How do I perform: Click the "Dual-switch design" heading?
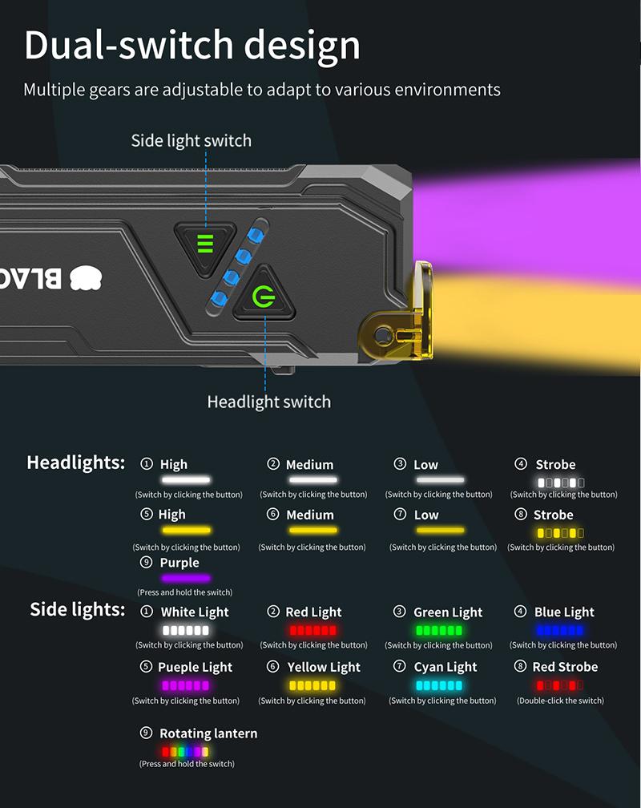pyautogui.click(x=192, y=46)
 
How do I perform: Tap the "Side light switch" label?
pyautogui.click(x=191, y=141)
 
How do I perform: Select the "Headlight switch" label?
pyautogui.click(x=269, y=402)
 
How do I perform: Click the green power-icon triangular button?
pyautogui.click(x=264, y=295)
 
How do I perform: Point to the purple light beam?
pyautogui.click(x=526, y=216)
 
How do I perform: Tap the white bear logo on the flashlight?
pyautogui.click(x=86, y=277)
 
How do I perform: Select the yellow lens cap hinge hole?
pyautogui.click(x=382, y=335)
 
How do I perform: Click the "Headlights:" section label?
pyautogui.click(x=76, y=463)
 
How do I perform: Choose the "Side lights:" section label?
pyautogui.click(x=77, y=609)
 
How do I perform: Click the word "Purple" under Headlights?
pyautogui.click(x=179, y=562)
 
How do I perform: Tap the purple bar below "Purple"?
pyautogui.click(x=186, y=578)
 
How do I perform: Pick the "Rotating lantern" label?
pyautogui.click(x=208, y=733)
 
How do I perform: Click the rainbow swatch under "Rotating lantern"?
pyautogui.click(x=185, y=752)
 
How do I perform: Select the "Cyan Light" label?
pyautogui.click(x=445, y=667)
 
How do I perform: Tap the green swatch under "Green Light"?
pyautogui.click(x=439, y=630)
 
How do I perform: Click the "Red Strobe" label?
pyautogui.click(x=565, y=667)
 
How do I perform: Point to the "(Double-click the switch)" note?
pyautogui.click(x=560, y=701)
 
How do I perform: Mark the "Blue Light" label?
pyautogui.click(x=564, y=612)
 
